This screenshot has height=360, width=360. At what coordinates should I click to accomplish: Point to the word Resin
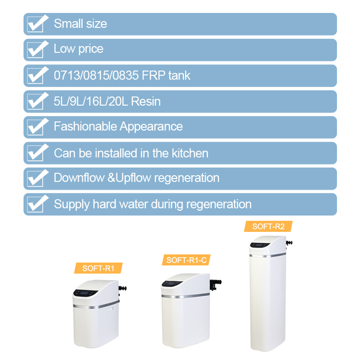[x=146, y=102]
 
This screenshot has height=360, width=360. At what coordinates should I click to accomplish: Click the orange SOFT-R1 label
[x=98, y=268]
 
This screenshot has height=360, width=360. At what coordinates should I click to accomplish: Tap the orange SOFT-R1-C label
[x=186, y=260]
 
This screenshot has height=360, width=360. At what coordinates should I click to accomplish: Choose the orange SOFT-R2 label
[x=268, y=227]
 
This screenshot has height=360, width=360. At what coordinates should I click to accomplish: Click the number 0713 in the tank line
[x=64, y=76]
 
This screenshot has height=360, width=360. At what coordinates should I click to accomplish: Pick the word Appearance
[x=151, y=127]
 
